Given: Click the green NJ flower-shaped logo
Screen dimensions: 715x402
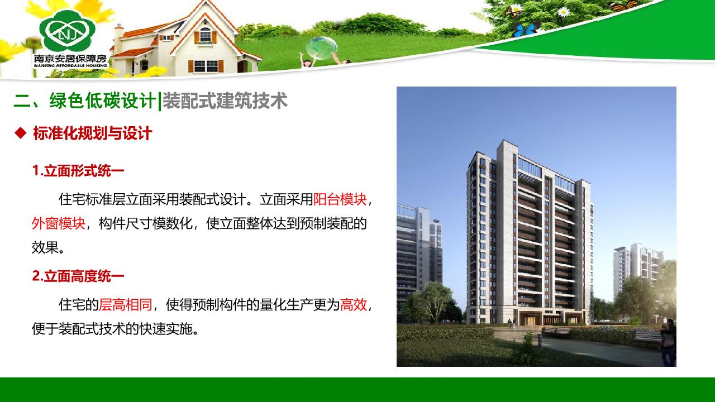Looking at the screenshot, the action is point(68,31).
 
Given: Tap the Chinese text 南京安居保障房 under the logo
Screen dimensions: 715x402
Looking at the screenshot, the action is point(70,59).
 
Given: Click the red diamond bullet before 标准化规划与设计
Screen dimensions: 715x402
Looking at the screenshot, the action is point(21,133).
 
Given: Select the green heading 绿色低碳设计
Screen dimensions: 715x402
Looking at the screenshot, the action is point(102,101).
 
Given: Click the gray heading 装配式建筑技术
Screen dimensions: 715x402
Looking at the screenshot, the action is point(225,101).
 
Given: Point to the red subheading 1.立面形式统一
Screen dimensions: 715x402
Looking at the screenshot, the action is point(78,171).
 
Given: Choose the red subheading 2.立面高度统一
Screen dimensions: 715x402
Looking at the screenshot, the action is point(78,276).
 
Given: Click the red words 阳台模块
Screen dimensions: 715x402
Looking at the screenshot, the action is point(340,199).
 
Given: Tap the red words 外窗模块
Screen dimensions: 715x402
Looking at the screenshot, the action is point(59,223).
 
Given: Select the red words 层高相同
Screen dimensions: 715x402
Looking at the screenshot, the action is point(126,305).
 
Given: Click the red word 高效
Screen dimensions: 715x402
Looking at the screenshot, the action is point(354,305).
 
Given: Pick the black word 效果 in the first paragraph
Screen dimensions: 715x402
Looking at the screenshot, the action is point(45,247).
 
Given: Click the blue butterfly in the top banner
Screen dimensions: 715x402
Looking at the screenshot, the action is point(525,30).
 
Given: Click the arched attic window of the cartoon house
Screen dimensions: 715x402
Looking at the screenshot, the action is point(205,35).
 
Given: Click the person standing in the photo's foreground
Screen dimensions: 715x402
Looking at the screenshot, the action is point(668,343).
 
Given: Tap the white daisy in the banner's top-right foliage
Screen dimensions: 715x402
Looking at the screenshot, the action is point(564,12).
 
